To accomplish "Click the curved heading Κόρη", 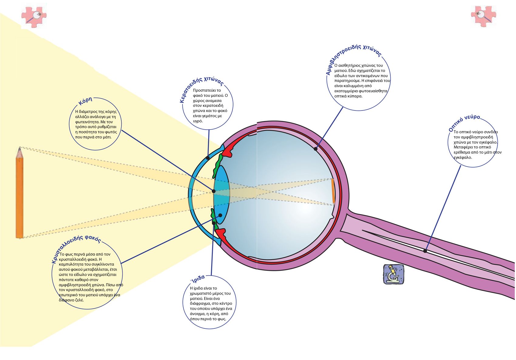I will [x=85, y=101].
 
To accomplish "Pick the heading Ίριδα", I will [x=198, y=278].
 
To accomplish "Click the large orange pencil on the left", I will [x=19, y=197].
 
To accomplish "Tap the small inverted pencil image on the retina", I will [x=333, y=191].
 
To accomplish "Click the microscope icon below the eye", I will [x=393, y=274].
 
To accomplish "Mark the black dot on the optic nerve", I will [x=425, y=251].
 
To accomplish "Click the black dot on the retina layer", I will [x=316, y=149].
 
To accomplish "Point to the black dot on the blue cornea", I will [x=208, y=158].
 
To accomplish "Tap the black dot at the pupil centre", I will [x=214, y=191].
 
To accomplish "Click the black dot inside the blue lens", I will [x=220, y=215].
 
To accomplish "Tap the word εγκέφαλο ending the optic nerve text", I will [x=463, y=158].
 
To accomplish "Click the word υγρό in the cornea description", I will [x=198, y=121].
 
